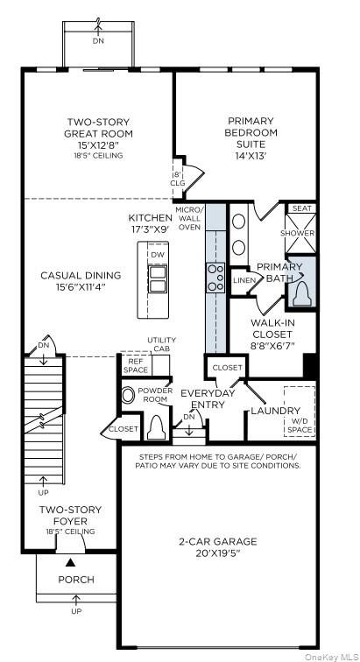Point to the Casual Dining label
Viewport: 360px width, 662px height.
click(x=81, y=281)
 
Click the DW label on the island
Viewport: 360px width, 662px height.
click(x=158, y=255)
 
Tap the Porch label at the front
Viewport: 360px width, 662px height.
click(x=75, y=580)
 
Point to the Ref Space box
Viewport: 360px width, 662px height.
click(x=136, y=365)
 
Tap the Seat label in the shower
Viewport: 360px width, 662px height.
click(x=301, y=208)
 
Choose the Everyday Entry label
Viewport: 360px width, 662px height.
click(x=209, y=399)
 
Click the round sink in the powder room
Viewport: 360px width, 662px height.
click(x=129, y=395)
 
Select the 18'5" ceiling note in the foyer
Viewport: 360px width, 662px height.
click(x=70, y=531)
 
